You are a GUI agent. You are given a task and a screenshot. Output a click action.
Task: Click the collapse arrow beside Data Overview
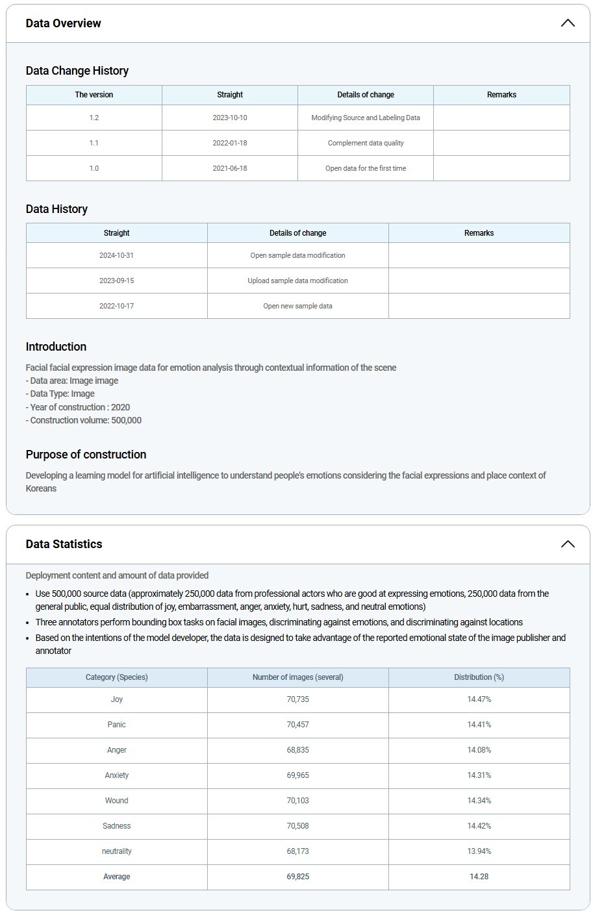click(567, 23)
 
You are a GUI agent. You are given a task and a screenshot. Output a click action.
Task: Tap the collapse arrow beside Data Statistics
click(567, 544)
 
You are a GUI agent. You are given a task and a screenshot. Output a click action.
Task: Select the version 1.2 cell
click(94, 118)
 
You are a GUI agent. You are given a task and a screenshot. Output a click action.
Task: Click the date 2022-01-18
click(230, 143)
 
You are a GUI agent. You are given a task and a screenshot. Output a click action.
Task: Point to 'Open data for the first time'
click(366, 168)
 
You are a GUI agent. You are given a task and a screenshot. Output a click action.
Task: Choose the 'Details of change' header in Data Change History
click(366, 95)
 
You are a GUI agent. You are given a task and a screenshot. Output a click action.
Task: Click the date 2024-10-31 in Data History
click(117, 255)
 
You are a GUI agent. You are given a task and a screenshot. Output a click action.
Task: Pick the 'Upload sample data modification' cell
click(297, 281)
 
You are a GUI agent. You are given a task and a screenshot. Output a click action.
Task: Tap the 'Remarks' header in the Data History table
click(479, 233)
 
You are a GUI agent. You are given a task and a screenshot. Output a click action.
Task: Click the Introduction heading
click(56, 347)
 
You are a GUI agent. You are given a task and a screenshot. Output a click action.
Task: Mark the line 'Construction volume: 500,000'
click(84, 420)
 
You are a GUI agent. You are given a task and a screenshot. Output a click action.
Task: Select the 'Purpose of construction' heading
click(86, 455)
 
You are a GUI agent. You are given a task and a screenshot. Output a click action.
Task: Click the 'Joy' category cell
click(117, 699)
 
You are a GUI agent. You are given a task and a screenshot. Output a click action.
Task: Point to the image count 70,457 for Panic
click(297, 725)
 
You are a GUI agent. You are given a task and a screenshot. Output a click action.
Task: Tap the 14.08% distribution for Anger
click(479, 750)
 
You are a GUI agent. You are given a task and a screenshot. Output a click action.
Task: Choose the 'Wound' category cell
click(117, 801)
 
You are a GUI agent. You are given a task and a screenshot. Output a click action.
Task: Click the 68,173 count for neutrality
click(297, 851)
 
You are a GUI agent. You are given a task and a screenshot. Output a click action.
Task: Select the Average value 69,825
click(297, 877)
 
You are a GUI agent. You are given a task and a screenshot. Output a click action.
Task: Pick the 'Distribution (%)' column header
click(479, 677)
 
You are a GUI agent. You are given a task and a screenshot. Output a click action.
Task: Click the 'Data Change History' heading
click(77, 71)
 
